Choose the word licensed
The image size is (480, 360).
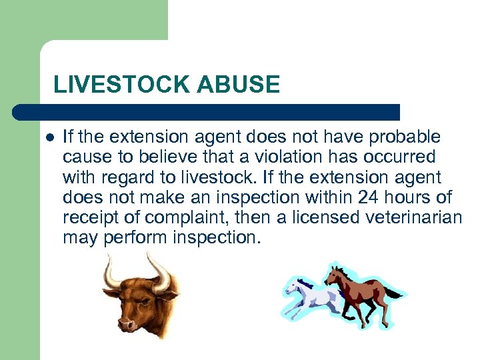click(315, 217)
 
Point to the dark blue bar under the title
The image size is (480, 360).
click(207, 112)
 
